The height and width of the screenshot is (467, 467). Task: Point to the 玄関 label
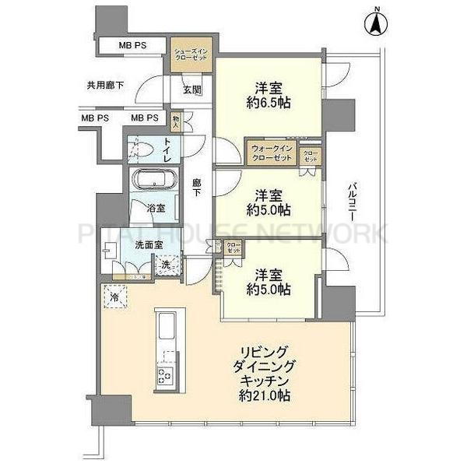tap(192, 90)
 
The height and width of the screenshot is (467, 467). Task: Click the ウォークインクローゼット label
tap(271, 153)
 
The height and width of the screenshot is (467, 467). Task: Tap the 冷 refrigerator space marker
tap(114, 297)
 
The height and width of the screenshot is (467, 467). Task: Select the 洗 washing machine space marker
tap(166, 265)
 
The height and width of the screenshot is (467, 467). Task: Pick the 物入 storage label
tap(176, 121)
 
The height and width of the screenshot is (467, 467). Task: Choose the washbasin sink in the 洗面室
tap(109, 250)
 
